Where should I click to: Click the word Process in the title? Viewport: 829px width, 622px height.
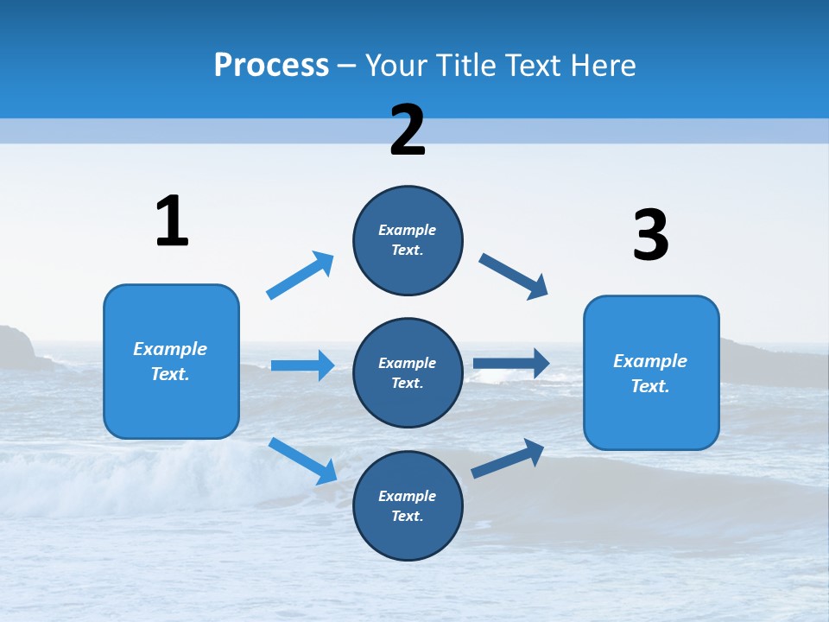pyautogui.click(x=271, y=66)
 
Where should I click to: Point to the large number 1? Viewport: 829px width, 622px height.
pyautogui.click(x=172, y=221)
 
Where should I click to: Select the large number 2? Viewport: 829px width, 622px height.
pyautogui.click(x=408, y=130)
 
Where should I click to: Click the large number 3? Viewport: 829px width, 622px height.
pyautogui.click(x=651, y=236)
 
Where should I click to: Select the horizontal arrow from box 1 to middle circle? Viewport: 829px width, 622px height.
pyautogui.click(x=302, y=365)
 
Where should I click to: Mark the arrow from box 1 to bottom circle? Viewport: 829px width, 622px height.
pyautogui.click(x=303, y=460)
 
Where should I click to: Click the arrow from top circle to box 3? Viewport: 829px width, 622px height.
pyautogui.click(x=513, y=276)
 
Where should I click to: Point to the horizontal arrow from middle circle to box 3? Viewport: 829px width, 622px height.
pyautogui.click(x=510, y=363)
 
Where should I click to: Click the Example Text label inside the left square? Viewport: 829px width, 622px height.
pyautogui.click(x=170, y=361)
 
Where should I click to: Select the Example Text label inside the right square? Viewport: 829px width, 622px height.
pyautogui.click(x=650, y=373)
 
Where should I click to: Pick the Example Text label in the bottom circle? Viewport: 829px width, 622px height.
pyautogui.click(x=408, y=505)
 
